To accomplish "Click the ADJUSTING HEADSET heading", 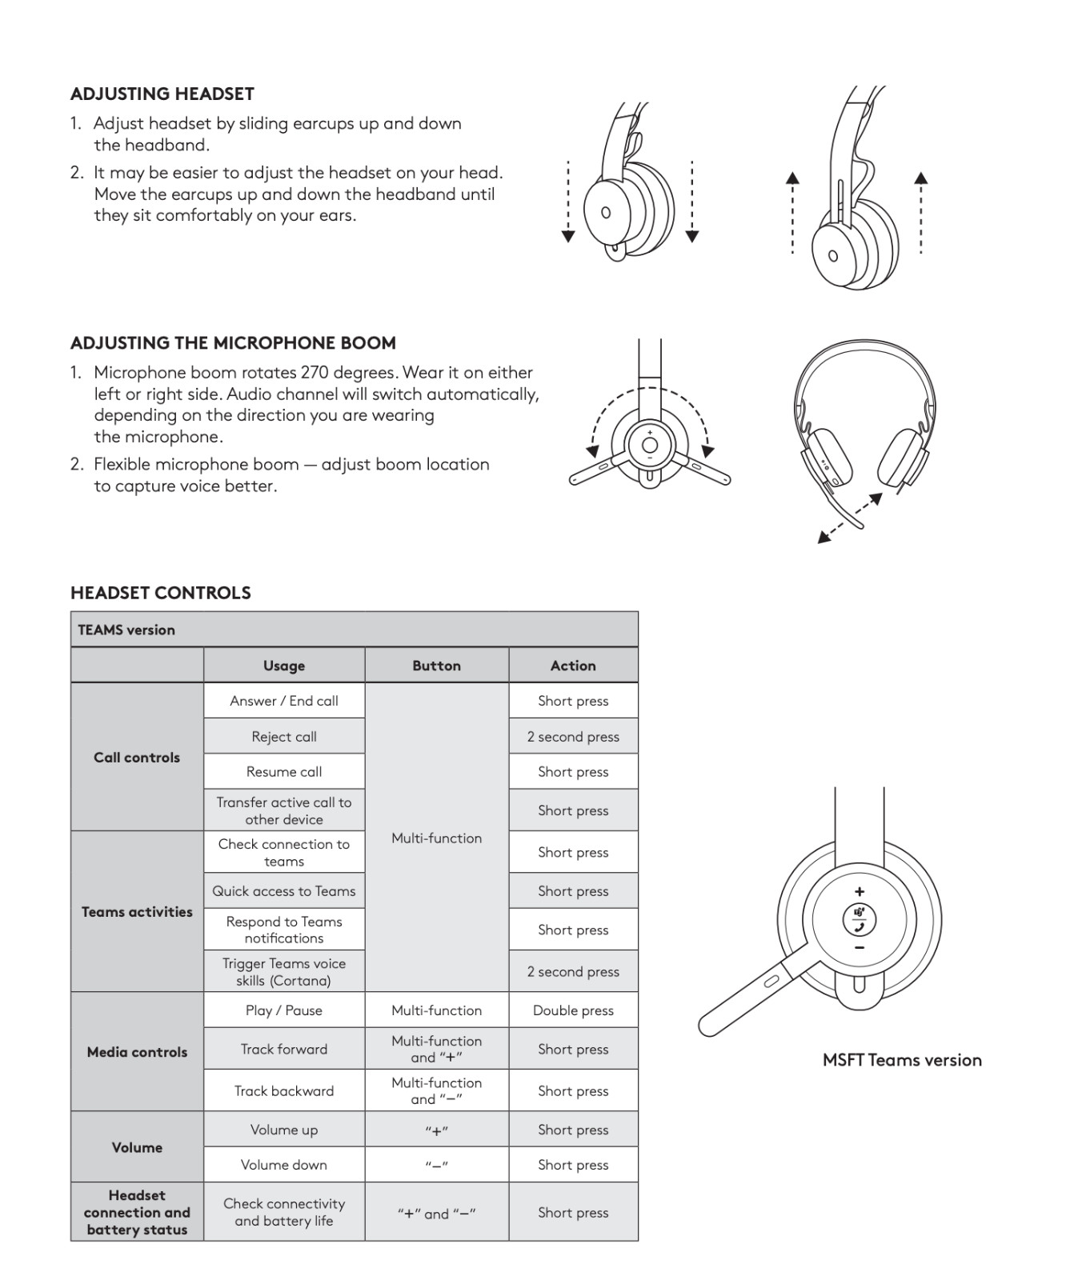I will [162, 94].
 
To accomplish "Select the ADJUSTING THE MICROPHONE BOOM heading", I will [233, 343].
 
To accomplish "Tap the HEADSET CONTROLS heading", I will [161, 593].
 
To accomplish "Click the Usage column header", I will [284, 666].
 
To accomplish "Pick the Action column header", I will [573, 666].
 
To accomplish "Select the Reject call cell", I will [284, 737].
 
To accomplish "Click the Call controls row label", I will [137, 758].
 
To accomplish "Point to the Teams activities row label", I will [137, 912].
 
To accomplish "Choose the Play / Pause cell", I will [284, 1010].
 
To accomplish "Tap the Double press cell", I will [573, 1010].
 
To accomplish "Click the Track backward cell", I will [284, 1091].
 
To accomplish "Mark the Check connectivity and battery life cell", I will [284, 1213].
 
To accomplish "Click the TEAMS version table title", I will [126, 630].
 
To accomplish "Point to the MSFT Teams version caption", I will [902, 1061].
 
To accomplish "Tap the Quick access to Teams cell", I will [284, 891].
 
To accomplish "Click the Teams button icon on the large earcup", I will [860, 919].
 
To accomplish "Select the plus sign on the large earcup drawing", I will [860, 891].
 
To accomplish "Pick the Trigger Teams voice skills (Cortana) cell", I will [284, 972].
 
